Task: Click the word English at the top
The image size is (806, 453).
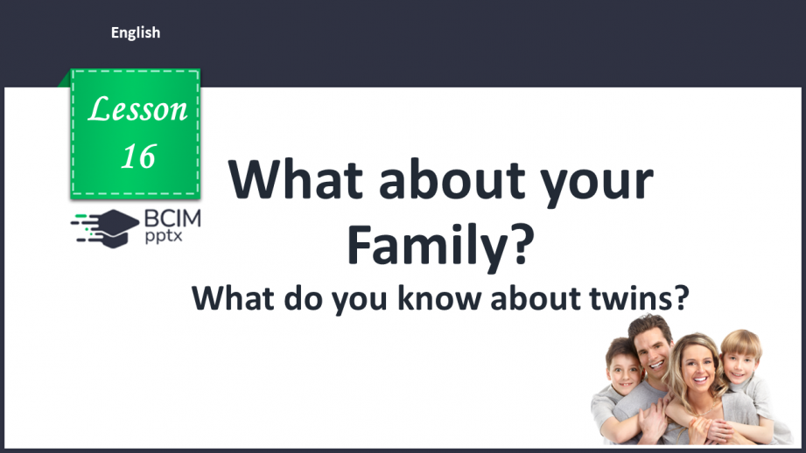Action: [x=136, y=32]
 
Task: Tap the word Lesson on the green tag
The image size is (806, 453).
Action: [x=138, y=109]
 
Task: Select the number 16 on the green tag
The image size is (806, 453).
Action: [x=138, y=156]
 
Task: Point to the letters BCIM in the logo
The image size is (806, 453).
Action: [x=170, y=219]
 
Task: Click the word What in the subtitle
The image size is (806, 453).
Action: [x=230, y=299]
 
